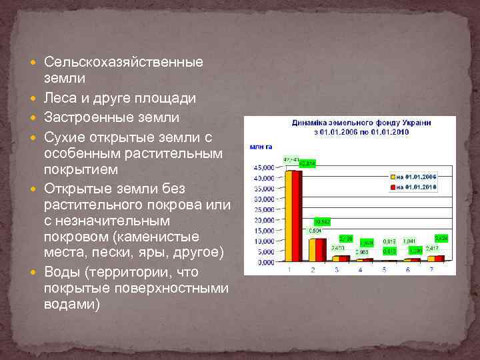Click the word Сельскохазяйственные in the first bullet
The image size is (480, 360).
coord(123,62)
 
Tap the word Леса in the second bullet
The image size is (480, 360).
coord(59,98)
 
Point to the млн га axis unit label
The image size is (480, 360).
coord(261,146)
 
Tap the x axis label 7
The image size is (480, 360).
coord(431,269)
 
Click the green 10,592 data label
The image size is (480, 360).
coord(322,221)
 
